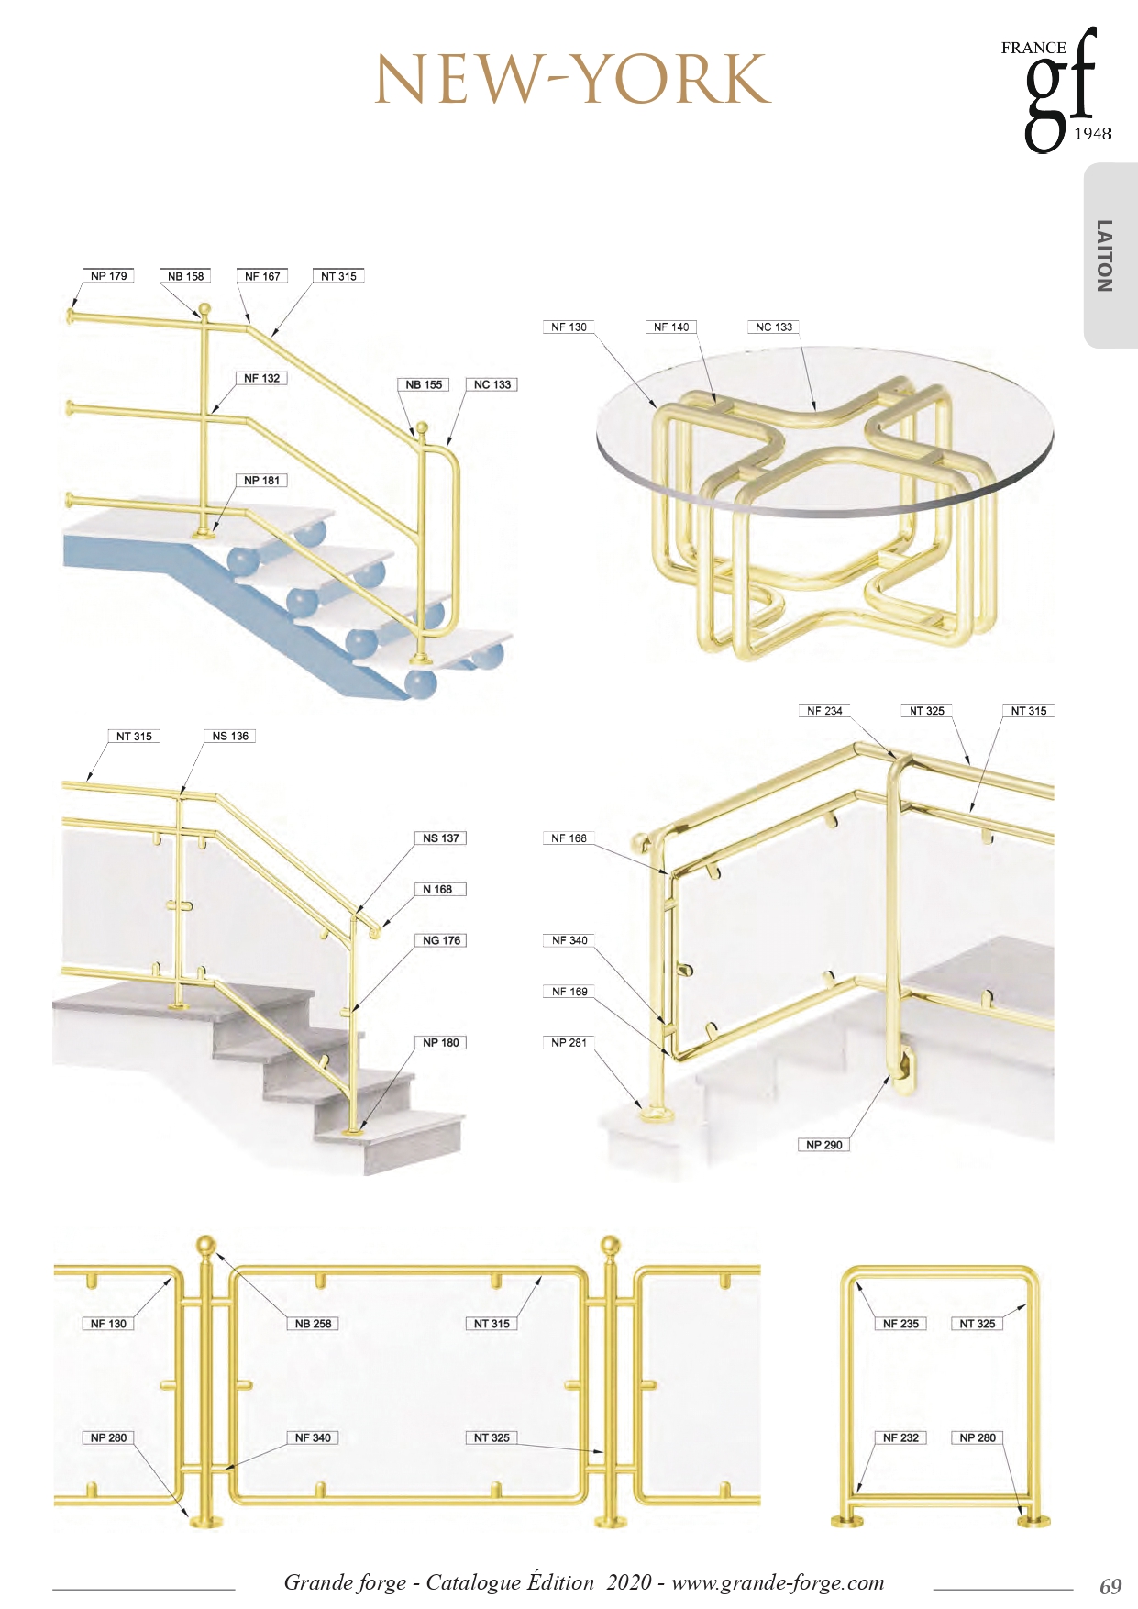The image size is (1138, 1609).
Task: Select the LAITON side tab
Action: [x=1107, y=256]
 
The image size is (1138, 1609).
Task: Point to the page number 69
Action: [x=1110, y=1586]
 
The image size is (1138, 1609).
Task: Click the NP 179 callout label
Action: [x=109, y=276]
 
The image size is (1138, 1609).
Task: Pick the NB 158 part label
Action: [x=186, y=276]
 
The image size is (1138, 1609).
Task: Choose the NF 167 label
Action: [x=262, y=276]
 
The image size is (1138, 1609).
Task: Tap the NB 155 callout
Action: [x=424, y=385]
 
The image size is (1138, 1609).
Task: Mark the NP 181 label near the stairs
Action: [x=262, y=481]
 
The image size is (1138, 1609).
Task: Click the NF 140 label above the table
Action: [x=671, y=327]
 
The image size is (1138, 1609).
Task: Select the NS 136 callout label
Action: [x=230, y=737]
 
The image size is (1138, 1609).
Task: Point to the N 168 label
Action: [x=438, y=890]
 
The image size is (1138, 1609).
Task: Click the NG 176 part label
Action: [x=442, y=941]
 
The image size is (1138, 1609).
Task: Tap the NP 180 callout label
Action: [x=441, y=1043]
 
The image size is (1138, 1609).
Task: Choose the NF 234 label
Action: [x=824, y=711]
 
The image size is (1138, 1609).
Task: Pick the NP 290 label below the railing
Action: [x=823, y=1145]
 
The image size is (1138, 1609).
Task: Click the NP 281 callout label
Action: [x=569, y=1043]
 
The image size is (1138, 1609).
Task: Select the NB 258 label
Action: [x=314, y=1324]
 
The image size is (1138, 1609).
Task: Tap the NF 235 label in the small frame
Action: [x=900, y=1324]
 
